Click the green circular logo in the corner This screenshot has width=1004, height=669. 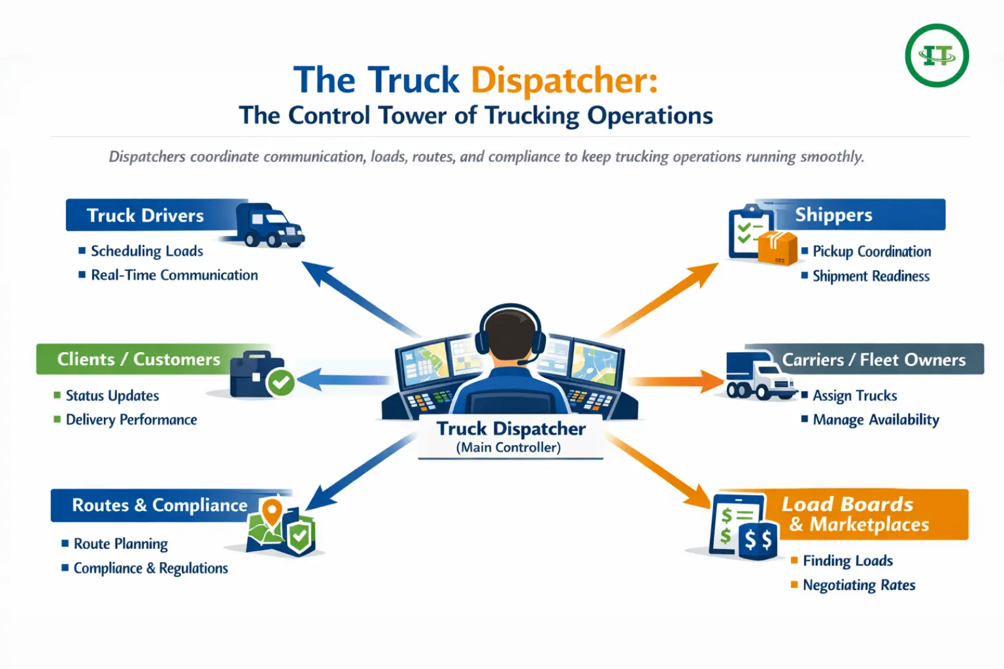click(937, 56)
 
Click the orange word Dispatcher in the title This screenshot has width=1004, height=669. click(564, 80)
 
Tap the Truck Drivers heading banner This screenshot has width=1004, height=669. click(145, 216)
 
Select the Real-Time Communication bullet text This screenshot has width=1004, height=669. click(174, 275)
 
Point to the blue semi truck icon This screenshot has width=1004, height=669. click(269, 225)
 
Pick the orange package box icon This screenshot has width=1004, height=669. click(777, 248)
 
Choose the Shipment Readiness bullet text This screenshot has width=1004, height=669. click(871, 276)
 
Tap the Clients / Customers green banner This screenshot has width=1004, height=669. click(139, 359)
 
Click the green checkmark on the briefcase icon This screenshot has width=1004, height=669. click(282, 383)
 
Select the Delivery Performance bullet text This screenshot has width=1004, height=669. click(131, 419)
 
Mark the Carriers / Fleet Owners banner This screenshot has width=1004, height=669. click(873, 359)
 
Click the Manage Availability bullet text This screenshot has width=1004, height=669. click(876, 419)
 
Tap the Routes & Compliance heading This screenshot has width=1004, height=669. click(159, 505)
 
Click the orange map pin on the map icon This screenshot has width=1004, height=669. click(271, 510)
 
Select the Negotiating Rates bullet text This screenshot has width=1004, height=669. click(859, 585)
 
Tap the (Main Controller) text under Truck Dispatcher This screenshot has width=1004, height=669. click(509, 448)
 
